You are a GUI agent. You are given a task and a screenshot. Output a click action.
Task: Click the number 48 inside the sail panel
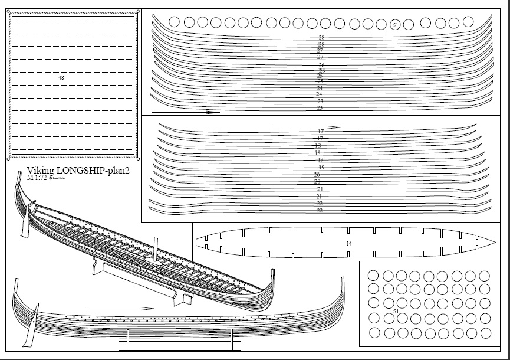click(61, 78)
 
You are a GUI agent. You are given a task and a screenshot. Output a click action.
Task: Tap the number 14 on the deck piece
click(349, 243)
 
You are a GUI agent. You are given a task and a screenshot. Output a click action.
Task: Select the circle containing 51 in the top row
click(396, 24)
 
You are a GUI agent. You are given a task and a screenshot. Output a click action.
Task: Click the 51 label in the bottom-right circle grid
click(396, 311)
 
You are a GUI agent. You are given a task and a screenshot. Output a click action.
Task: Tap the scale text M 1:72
click(37, 177)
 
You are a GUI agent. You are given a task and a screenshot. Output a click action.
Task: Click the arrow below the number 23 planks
click(185, 112)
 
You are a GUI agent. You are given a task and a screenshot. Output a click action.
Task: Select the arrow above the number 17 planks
click(307, 126)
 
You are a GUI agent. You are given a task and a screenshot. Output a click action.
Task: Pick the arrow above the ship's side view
click(120, 308)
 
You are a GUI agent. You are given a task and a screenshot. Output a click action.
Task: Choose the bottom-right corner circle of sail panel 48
click(139, 158)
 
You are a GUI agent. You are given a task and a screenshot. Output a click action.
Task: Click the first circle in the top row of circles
click(175, 22)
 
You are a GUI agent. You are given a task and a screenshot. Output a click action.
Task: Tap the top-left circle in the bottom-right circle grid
click(371, 276)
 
